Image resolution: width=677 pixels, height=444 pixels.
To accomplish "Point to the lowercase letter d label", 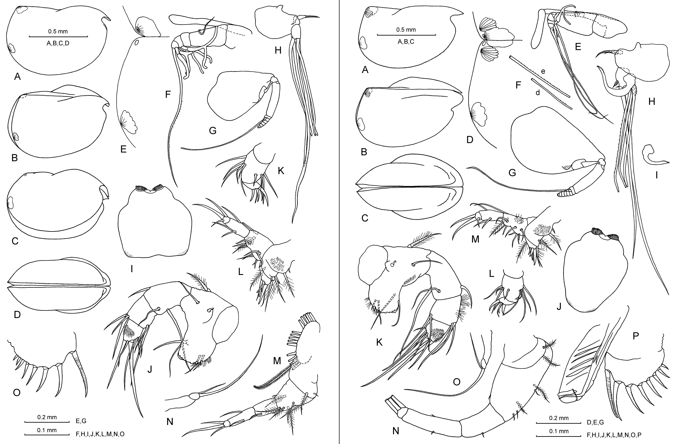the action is click(x=538, y=93).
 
